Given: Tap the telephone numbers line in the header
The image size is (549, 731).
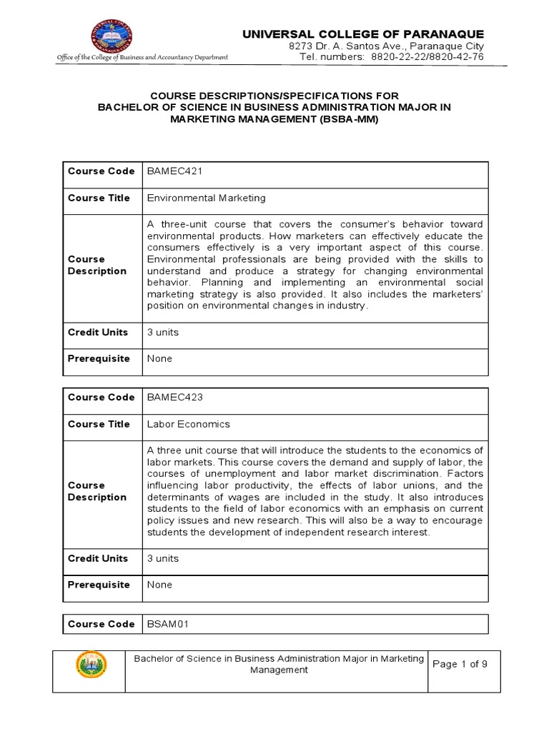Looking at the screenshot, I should [392, 57].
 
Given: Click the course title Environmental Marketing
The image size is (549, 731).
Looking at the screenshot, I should [206, 198].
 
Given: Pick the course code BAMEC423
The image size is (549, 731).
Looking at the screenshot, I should [172, 398].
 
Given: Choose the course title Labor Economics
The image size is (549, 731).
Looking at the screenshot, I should [189, 424].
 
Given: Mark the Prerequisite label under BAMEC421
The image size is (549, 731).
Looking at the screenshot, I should [99, 358].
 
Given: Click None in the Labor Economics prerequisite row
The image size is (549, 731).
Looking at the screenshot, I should [159, 585].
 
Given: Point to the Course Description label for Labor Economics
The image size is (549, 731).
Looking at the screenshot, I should [97, 491].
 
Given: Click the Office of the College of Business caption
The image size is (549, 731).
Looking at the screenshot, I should [142, 57].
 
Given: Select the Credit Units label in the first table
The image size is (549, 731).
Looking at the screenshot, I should [98, 332].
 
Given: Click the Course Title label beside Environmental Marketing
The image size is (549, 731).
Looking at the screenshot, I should [99, 198].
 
